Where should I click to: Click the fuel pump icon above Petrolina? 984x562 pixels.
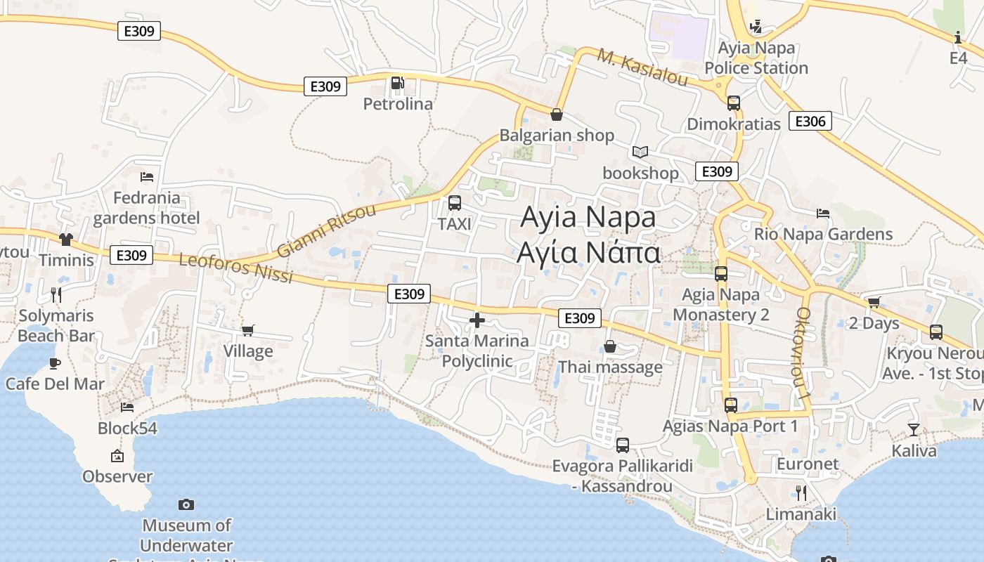398,84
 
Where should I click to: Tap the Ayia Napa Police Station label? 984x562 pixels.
756,58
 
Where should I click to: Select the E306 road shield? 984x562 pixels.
810,121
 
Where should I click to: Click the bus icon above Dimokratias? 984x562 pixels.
734,103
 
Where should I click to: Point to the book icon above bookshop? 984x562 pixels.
640,152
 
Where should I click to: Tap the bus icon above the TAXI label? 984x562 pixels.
455,203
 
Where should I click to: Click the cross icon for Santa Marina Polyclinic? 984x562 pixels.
477,320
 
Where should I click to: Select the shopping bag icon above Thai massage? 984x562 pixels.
610,346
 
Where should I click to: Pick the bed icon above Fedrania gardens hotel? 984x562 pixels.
147,177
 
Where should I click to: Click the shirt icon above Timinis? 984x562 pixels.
66,240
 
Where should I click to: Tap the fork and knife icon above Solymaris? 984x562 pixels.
56,294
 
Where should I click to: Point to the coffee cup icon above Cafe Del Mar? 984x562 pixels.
55,363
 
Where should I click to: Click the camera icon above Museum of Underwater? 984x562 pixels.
186,504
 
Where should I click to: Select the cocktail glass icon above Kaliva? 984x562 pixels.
914,429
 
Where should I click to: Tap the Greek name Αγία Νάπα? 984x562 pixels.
589,252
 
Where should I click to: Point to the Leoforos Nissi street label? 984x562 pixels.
235,268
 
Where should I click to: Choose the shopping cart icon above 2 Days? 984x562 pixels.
874,302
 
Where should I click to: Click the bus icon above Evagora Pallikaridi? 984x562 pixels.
623,445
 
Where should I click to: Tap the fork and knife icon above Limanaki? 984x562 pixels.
801,492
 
